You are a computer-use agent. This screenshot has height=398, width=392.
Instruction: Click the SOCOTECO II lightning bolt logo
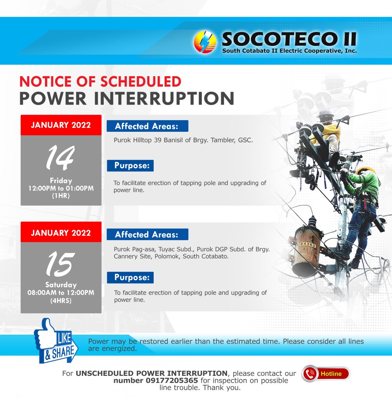[205, 42]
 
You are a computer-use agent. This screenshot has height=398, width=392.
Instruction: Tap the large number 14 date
[60, 158]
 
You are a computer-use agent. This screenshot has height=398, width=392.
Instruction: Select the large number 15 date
[60, 264]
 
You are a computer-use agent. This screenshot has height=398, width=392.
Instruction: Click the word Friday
[61, 180]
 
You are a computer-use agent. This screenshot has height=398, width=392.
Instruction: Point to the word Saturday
[61, 285]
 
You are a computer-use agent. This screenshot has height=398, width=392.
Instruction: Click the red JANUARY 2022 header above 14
[61, 125]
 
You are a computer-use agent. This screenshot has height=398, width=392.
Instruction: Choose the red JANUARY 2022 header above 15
[61, 232]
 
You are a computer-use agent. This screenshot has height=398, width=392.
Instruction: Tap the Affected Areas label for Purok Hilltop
[147, 126]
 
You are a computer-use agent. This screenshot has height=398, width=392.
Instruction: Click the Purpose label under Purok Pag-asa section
[130, 278]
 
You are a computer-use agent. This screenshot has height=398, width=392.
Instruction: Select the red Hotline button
[326, 374]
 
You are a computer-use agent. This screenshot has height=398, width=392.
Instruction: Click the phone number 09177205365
[172, 381]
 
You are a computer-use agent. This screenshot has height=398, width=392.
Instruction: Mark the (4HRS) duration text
[61, 301]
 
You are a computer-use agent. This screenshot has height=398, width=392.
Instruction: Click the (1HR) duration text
[61, 196]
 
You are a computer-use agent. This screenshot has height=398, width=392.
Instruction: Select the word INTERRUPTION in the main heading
[164, 98]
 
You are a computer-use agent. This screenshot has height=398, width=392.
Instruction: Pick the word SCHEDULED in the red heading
[140, 82]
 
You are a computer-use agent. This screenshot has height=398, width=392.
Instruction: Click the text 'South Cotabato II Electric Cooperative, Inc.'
[290, 51]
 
